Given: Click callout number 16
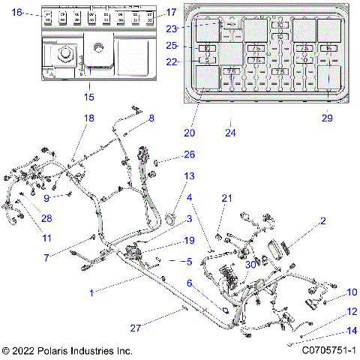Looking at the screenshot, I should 17,12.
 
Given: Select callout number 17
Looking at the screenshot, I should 171,12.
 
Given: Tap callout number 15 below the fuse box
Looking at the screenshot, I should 89,97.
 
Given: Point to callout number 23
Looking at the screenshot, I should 171,28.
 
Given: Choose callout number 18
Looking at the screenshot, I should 89,119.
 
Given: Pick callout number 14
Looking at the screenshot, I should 331,331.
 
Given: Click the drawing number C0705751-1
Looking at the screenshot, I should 328,350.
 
